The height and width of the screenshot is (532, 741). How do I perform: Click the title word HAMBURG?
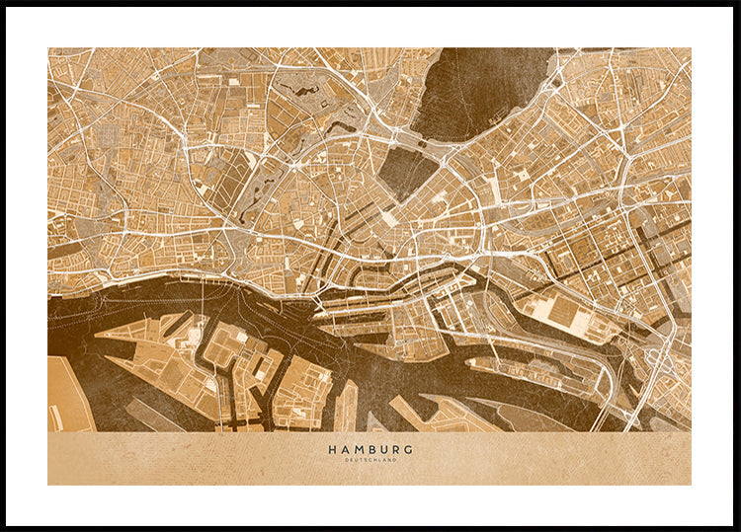(370, 449)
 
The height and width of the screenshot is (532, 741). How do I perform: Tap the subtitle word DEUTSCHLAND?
(370, 460)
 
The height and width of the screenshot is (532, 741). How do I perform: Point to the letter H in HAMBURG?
(332, 449)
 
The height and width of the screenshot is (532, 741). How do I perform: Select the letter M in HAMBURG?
(357, 449)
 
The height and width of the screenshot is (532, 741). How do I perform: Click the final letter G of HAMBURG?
(409, 449)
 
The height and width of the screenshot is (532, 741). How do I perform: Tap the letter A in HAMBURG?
(344, 449)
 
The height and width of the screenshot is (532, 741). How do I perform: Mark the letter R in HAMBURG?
(396, 449)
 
